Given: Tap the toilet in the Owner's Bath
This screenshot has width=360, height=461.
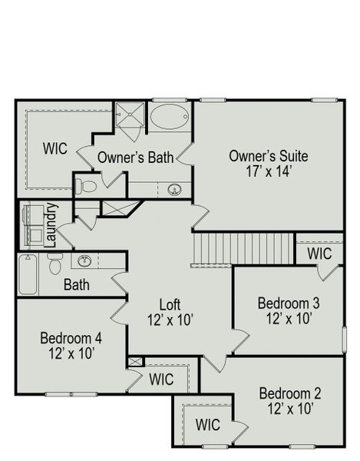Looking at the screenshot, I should coord(88,185).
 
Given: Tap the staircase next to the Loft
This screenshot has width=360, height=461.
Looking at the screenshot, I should coord(212,249).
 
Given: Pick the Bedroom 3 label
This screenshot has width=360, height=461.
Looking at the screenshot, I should coord(289,302).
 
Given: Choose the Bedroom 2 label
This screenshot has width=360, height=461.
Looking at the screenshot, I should coord(289,393).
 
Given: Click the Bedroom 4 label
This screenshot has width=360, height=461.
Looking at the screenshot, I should coord(71,338).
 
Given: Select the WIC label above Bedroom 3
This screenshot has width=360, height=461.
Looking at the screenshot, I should coord(320,253).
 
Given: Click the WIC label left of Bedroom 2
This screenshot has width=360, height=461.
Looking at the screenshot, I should coord(208,424).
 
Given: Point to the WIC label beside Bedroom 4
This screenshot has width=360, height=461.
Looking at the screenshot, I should coord(160,379).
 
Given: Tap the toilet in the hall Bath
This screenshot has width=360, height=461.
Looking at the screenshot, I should coord(54,266).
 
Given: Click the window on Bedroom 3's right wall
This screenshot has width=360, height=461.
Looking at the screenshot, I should coord(342,338).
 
